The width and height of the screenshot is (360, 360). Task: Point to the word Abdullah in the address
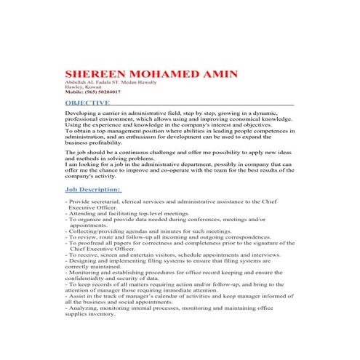[x=76, y=84]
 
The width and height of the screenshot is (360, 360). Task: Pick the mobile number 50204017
[x=108, y=92]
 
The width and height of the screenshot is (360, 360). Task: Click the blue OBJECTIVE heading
[x=92, y=103]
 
